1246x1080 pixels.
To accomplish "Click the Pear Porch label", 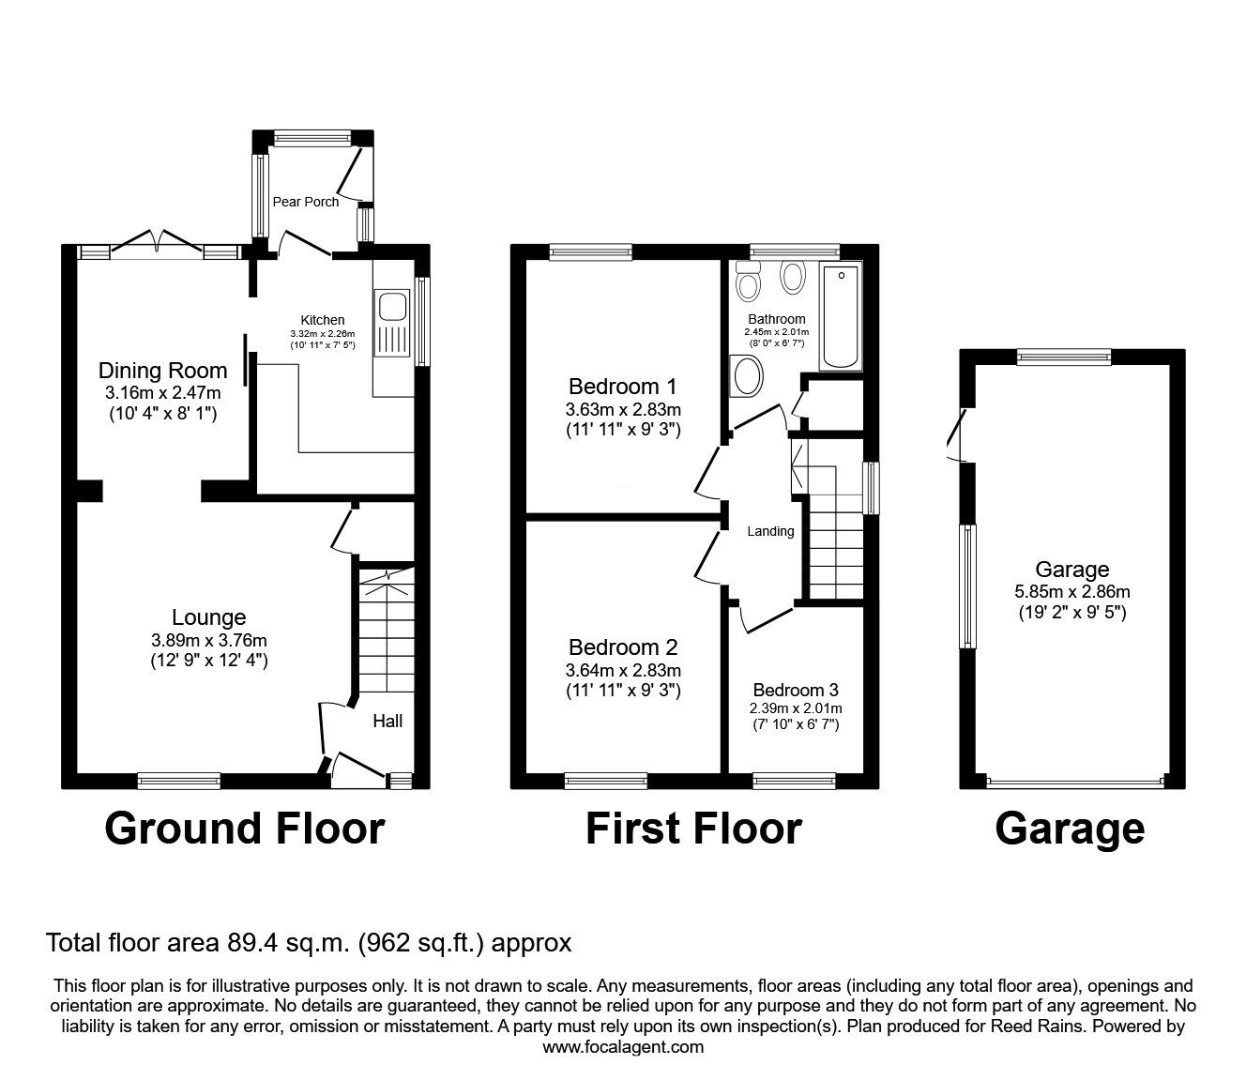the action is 306,202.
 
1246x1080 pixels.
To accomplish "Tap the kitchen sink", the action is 391,322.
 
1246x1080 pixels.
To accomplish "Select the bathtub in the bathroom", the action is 841,316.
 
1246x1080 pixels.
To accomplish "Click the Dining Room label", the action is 162,371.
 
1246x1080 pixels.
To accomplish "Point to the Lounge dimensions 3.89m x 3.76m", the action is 209,640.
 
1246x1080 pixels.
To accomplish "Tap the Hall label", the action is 387,721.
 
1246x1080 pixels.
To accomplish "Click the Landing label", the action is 770,531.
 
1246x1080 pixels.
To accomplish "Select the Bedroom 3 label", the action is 796,690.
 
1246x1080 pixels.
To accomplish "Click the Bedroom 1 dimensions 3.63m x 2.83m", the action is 623,410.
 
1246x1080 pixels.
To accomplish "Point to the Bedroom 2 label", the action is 623,647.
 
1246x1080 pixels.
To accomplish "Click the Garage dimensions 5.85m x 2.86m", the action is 1072,591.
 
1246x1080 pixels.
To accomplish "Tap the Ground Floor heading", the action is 245,829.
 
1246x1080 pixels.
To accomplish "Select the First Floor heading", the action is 693,829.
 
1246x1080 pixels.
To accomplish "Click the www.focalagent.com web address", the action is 623,1047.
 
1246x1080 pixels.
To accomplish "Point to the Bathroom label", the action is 777,319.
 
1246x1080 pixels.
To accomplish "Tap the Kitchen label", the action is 323,320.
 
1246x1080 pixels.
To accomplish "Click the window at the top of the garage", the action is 1064,357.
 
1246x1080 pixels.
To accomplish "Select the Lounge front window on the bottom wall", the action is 179,781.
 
